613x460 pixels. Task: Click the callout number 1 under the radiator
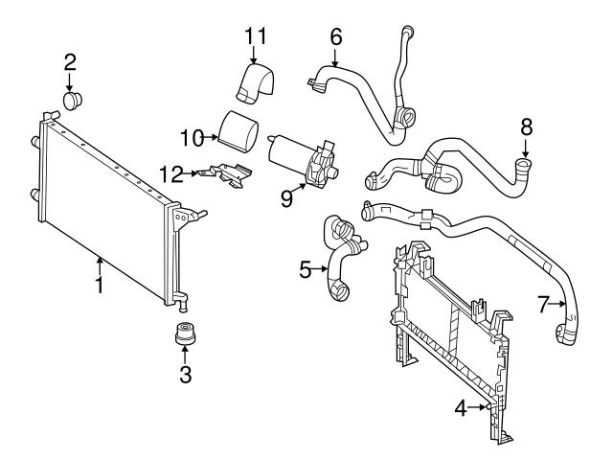(x=100, y=286)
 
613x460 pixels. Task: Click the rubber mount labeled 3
(x=184, y=338)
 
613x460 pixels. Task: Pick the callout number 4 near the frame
(x=460, y=408)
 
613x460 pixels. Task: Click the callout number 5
(x=306, y=270)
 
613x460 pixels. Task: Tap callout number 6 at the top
(x=335, y=36)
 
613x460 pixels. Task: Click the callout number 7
(x=545, y=305)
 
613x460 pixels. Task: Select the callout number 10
(x=193, y=137)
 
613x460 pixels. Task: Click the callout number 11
(x=254, y=36)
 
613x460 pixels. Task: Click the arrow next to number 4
(x=480, y=408)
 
